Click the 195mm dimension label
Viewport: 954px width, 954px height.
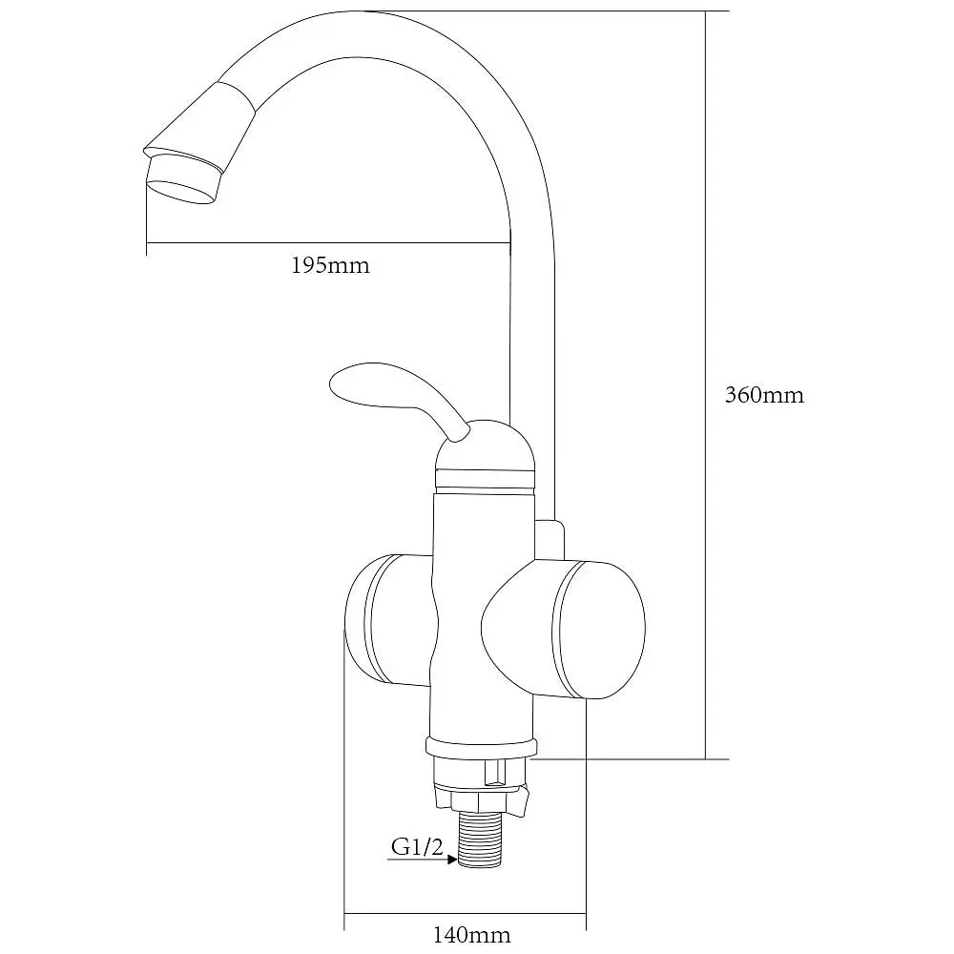[x=330, y=266]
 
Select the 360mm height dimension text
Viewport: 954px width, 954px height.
[x=764, y=396]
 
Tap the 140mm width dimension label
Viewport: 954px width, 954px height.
[x=471, y=934]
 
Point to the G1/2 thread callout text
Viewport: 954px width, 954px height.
[x=418, y=846]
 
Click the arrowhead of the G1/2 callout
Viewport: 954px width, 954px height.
[x=452, y=860]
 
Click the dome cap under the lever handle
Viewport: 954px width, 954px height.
[x=486, y=454]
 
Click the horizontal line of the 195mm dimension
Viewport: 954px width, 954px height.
[x=328, y=243]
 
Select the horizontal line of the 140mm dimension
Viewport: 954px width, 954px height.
[x=465, y=913]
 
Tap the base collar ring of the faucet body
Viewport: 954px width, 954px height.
[x=481, y=748]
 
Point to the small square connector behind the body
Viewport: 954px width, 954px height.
[x=550, y=539]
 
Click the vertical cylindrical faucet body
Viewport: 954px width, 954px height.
[x=483, y=614]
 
